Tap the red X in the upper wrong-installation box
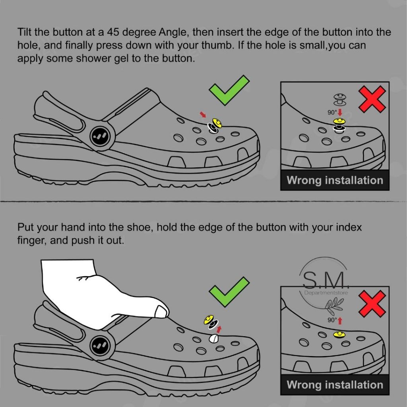coord(372,99)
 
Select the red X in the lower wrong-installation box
coord(372,304)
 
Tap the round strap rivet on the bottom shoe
coord(103,345)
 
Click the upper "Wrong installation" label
coord(335,180)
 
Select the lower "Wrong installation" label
coord(335,384)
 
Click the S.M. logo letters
coord(326,281)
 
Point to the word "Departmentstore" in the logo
coord(326,293)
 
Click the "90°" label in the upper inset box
coord(332,112)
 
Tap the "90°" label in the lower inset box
coord(332,320)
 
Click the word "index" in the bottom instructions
coord(349,227)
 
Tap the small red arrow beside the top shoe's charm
coord(203,114)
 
